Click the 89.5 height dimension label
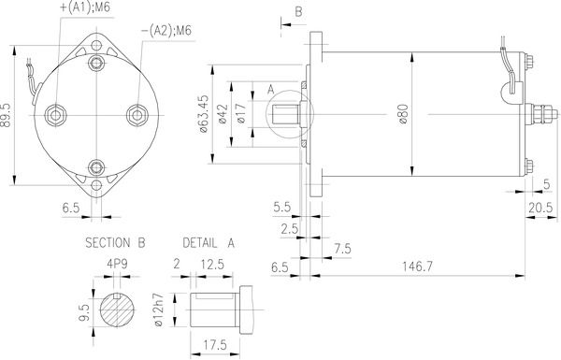tap(6, 115)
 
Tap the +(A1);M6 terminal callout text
tap(85, 7)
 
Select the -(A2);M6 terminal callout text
tap(166, 31)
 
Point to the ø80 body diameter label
tap(404, 114)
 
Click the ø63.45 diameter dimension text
tap(203, 114)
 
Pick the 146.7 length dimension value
tap(417, 266)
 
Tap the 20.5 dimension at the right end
tap(540, 208)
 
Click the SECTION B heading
tap(115, 243)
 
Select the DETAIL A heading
tap(209, 243)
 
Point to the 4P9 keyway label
tap(117, 264)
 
